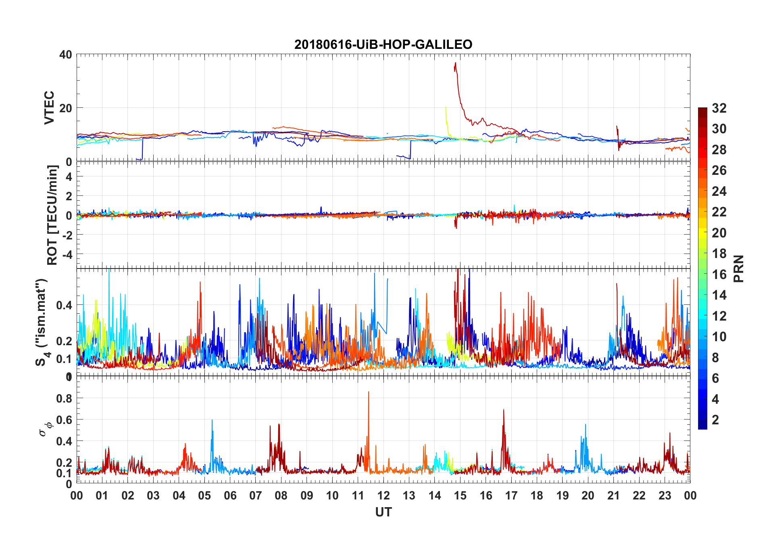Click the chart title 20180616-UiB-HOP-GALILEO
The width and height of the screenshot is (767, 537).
click(x=383, y=44)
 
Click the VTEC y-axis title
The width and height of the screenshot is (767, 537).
click(x=49, y=108)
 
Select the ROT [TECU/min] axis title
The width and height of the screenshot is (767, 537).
click(x=52, y=215)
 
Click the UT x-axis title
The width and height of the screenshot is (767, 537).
click(x=383, y=512)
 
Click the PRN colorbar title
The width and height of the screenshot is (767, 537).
click(x=738, y=268)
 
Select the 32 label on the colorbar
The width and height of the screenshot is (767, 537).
click(x=719, y=108)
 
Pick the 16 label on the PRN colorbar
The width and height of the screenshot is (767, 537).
click(x=719, y=275)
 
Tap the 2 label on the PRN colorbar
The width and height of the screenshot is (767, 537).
click(x=715, y=420)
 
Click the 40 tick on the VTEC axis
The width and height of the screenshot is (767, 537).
click(x=66, y=55)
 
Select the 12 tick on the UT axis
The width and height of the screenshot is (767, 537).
click(x=383, y=495)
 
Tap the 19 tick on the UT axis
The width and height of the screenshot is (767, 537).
click(x=563, y=495)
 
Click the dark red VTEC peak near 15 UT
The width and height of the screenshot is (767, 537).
click(x=455, y=63)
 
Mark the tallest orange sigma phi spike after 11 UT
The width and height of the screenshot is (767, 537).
click(x=368, y=392)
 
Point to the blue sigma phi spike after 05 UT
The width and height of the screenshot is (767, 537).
click(x=212, y=421)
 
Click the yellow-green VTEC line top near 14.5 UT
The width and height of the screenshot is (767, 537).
click(x=446, y=107)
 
